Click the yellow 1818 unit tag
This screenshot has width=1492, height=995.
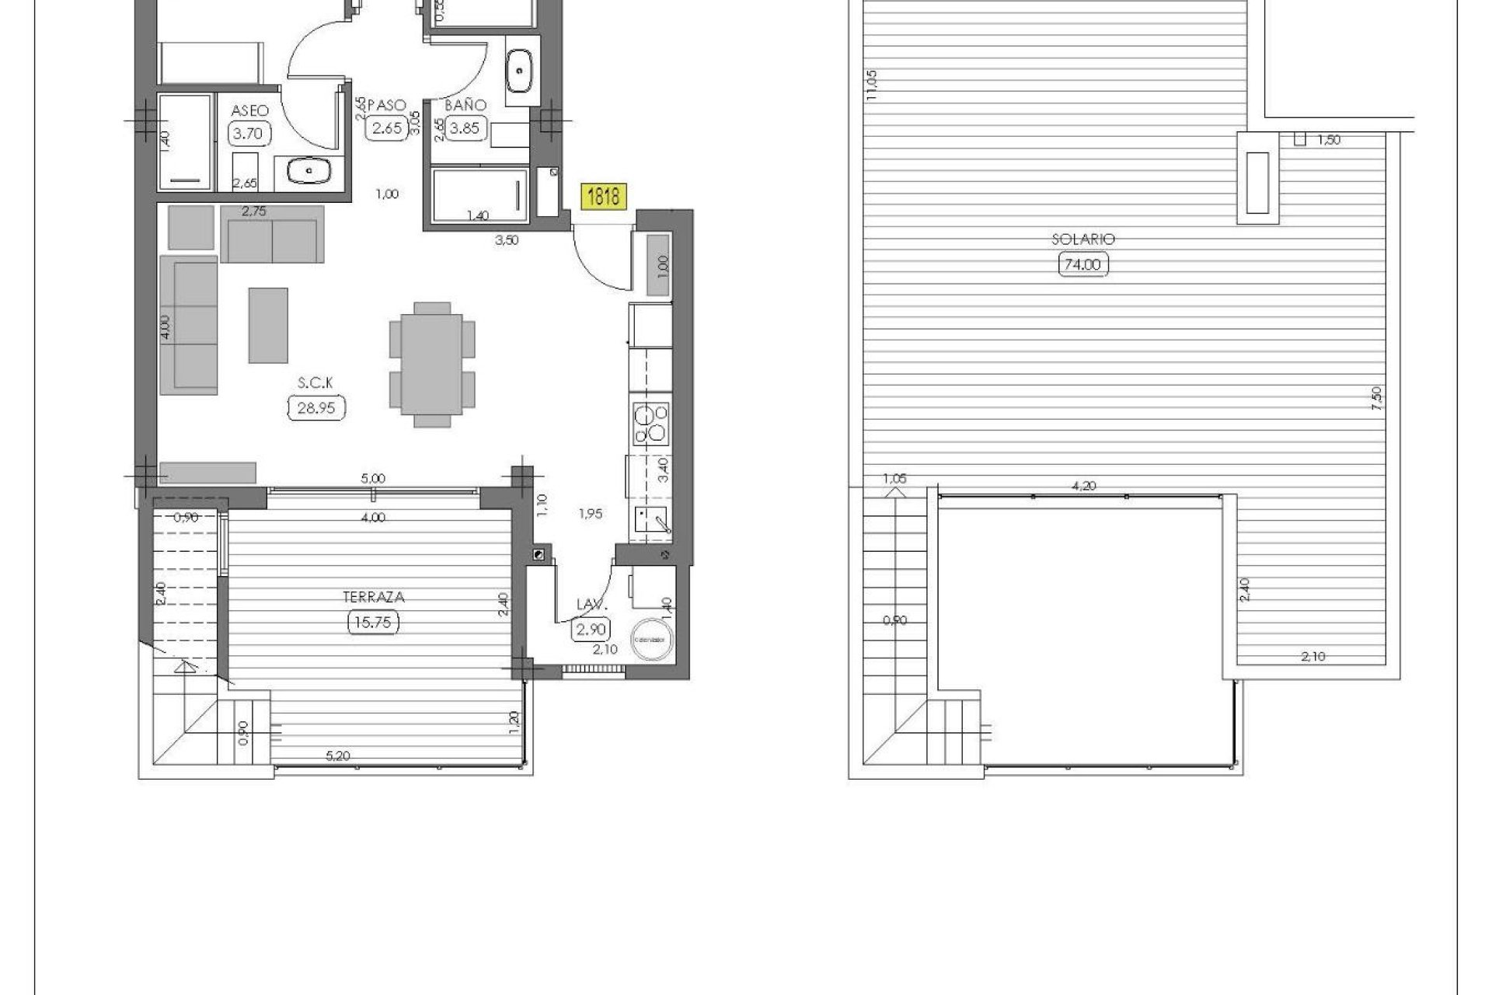click(603, 196)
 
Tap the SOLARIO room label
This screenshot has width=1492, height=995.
click(1083, 239)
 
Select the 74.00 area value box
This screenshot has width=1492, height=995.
click(1083, 265)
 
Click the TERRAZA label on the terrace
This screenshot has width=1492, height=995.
click(374, 597)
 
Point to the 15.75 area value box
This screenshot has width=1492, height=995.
click(374, 623)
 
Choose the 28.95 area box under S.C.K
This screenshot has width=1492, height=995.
click(316, 407)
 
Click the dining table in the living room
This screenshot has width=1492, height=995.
click(431, 365)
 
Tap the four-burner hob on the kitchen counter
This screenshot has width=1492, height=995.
click(650, 424)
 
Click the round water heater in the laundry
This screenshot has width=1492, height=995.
click(652, 639)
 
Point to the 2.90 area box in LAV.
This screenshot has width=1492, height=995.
click(591, 629)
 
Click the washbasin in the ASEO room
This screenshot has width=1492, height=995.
click(309, 170)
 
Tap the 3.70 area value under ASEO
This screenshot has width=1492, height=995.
click(249, 133)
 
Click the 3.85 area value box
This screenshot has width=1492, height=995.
click(465, 128)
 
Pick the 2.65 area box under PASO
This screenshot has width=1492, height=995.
click(386, 128)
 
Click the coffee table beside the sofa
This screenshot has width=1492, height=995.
click(268, 325)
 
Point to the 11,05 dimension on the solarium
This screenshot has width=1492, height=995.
click(872, 85)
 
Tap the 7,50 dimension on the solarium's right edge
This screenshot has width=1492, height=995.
click(1377, 398)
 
